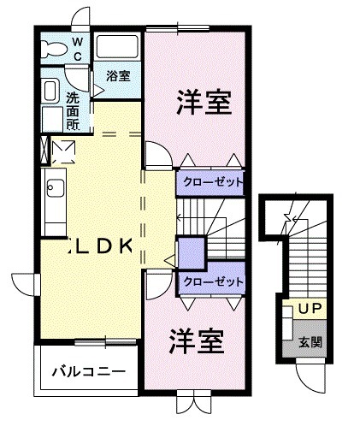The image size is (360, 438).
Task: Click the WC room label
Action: click(x=77, y=48)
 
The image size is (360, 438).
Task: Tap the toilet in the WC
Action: click(x=53, y=49)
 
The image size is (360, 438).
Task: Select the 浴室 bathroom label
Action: click(x=118, y=76)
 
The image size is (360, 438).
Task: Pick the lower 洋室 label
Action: click(x=195, y=341)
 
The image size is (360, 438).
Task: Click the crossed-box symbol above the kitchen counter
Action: click(x=63, y=151)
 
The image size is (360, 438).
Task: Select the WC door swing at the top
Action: click(x=80, y=19)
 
